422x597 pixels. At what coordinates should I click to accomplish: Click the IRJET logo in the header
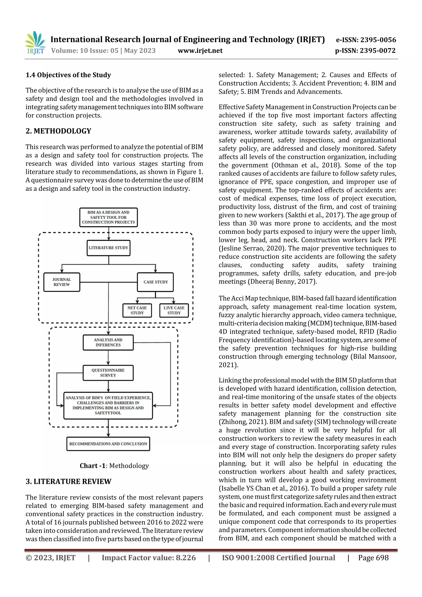(36, 43)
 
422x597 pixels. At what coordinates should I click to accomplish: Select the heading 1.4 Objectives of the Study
(68, 75)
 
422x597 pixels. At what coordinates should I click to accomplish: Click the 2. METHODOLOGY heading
(58, 131)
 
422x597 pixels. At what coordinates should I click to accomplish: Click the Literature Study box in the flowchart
(108, 248)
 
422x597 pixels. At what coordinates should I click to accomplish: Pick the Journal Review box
(62, 282)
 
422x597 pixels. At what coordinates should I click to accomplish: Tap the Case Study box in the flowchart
(156, 282)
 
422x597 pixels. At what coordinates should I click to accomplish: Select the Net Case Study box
(137, 311)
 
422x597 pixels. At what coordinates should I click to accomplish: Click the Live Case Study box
(174, 311)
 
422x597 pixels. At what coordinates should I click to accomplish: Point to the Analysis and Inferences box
(108, 342)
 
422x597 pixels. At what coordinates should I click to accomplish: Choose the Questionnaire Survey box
(108, 373)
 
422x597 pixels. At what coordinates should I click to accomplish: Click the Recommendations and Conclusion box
(108, 444)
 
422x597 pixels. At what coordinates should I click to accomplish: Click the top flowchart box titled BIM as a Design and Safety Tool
(108, 217)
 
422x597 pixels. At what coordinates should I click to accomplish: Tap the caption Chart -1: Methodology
(114, 466)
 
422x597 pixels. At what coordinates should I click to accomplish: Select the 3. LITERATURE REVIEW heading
(68, 482)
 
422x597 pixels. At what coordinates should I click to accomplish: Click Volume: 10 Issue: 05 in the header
(85, 50)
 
